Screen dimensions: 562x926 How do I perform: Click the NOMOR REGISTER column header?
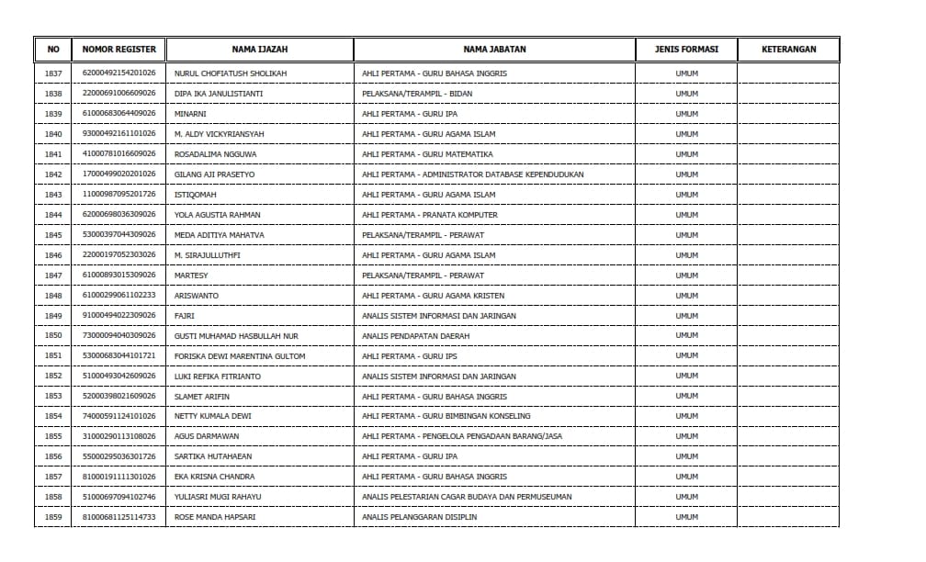pyautogui.click(x=119, y=50)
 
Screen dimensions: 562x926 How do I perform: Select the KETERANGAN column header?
pyautogui.click(x=788, y=50)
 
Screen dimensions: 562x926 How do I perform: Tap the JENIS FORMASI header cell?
pyautogui.click(x=686, y=50)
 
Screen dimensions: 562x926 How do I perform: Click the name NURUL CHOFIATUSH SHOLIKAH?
pyautogui.click(x=231, y=73)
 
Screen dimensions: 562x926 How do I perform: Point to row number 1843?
pyautogui.click(x=53, y=195)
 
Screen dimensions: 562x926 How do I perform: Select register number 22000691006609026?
pyautogui.click(x=119, y=94)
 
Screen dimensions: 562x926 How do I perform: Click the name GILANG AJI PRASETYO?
pyautogui.click(x=215, y=174)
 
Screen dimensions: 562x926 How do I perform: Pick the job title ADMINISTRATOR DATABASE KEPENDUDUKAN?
pyautogui.click(x=472, y=174)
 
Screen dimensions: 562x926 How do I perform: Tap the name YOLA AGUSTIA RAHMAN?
pyautogui.click(x=218, y=215)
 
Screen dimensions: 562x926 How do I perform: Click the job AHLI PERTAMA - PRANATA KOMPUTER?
pyautogui.click(x=430, y=215)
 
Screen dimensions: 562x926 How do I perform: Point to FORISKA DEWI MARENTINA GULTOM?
pyautogui.click(x=240, y=356)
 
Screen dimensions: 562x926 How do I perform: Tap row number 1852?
pyautogui.click(x=53, y=377)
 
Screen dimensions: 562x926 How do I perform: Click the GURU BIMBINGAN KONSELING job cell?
pyautogui.click(x=446, y=417)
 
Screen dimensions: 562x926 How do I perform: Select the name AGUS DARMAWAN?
pyautogui.click(x=207, y=437)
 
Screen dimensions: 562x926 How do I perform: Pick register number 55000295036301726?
pyautogui.click(x=119, y=456)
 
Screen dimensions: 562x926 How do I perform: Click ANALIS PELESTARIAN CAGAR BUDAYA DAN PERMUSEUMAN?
pyautogui.click(x=467, y=497)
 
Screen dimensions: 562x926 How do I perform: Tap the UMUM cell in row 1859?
pyautogui.click(x=686, y=517)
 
